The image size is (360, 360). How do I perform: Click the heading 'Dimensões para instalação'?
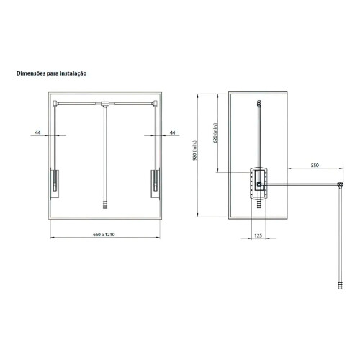coord(51,73)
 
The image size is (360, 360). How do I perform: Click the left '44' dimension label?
coord(38,132)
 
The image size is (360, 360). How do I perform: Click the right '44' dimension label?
coord(172,132)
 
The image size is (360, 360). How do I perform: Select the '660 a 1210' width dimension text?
coord(104,235)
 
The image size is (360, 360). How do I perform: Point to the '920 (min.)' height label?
coord(195,150)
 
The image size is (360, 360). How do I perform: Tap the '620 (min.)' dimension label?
coord(215,133)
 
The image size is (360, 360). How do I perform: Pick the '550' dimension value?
coord(315,166)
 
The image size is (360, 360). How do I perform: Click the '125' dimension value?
coord(258,235)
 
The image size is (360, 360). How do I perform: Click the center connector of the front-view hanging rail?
coord(105,104)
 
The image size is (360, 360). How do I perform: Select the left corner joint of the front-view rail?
coord(55,103)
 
